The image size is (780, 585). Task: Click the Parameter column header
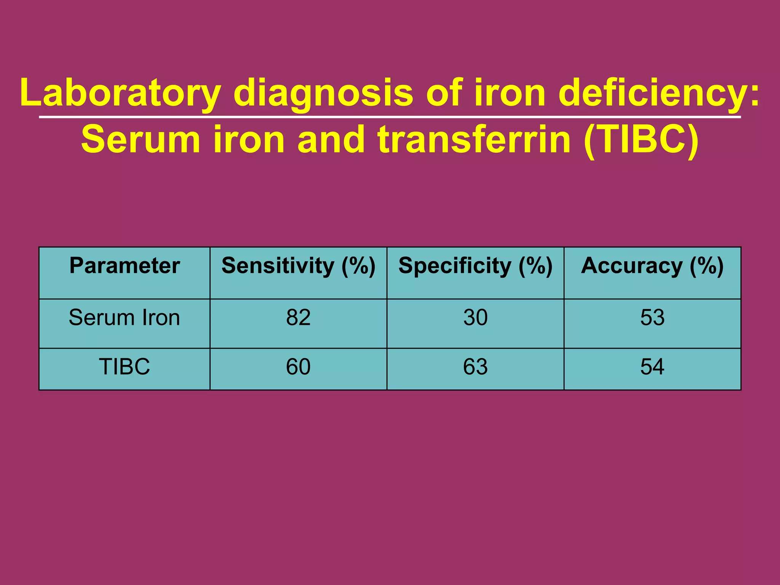pos(125,266)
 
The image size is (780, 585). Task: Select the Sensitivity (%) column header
pos(298,266)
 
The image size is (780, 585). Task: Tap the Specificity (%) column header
pos(475,266)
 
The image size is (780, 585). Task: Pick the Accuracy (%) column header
pos(652,266)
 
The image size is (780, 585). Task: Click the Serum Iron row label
pos(125,317)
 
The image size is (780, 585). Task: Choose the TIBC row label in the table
pos(125,367)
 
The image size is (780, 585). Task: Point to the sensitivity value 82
pos(298,317)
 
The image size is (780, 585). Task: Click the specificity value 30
pos(475,317)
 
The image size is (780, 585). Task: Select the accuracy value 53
pos(652,317)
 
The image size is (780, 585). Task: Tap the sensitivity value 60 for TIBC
pos(298,367)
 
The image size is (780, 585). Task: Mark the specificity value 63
pos(475,367)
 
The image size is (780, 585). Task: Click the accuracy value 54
pos(652,367)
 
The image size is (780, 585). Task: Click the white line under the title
pos(390,117)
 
